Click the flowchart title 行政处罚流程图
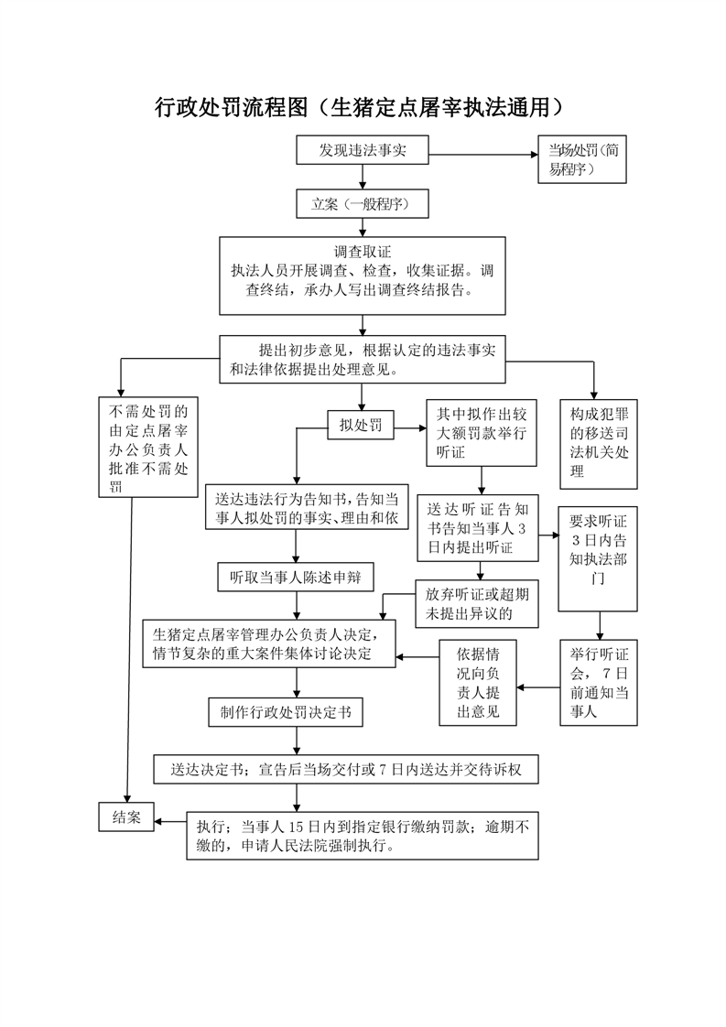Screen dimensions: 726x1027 (232, 107)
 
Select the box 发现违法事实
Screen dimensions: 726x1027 (363, 150)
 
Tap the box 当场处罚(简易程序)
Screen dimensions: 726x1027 (582, 159)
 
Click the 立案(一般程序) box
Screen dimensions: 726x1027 (363, 204)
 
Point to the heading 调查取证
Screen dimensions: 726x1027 (363, 252)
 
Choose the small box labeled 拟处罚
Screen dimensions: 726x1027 (361, 425)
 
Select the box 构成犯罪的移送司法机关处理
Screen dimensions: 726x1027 (598, 444)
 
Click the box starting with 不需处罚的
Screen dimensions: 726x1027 (148, 448)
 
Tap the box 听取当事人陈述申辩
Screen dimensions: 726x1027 (296, 577)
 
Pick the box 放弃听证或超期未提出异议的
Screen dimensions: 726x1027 (477, 604)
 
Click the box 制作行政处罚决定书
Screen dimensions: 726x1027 (286, 713)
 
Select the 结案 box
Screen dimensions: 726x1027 (125, 816)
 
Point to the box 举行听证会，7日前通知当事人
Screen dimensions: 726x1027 (598, 683)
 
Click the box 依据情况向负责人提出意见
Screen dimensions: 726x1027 (478, 683)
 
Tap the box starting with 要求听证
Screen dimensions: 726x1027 (598, 558)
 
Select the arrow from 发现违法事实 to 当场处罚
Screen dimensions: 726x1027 (483, 156)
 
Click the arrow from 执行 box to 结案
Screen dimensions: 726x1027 (170, 821)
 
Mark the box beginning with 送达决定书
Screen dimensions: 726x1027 (346, 770)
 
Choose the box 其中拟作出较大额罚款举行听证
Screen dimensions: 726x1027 (482, 433)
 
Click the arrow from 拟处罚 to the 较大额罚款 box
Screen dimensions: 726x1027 (410, 428)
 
